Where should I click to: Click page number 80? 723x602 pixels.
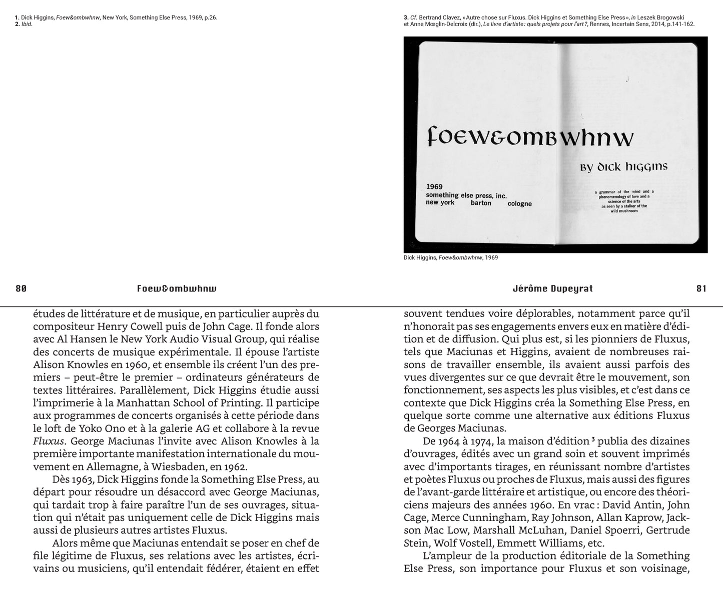21,288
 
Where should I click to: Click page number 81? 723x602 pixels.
701,288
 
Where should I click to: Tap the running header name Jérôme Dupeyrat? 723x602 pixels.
552,288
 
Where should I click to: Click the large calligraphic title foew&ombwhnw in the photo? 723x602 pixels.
530,136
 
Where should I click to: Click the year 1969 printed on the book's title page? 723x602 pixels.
434,186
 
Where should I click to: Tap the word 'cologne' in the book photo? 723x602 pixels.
519,203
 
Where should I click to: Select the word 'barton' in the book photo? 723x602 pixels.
481,203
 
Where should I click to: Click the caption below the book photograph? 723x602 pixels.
450,257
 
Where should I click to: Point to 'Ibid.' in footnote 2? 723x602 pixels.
27,24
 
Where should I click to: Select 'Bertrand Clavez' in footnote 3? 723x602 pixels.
442,17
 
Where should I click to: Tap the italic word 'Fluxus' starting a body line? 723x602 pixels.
49,441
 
